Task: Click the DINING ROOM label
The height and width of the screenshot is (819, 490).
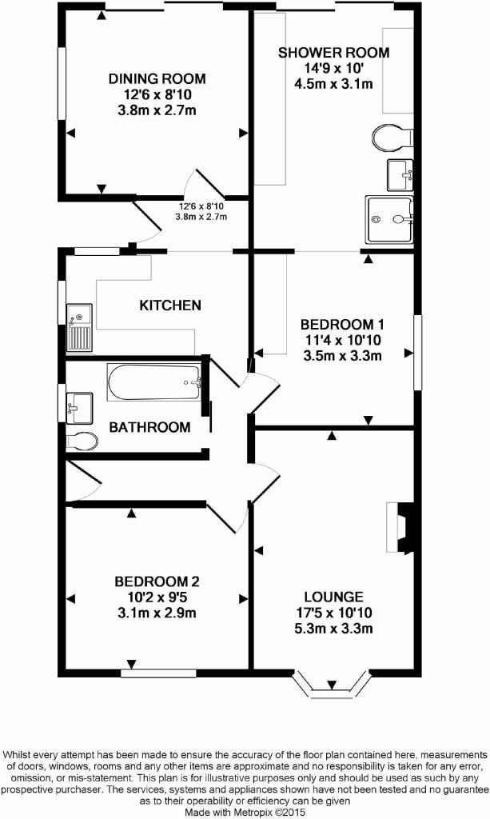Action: click(x=157, y=79)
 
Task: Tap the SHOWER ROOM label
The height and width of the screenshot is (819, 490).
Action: click(x=333, y=53)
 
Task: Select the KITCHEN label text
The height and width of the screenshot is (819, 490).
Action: click(x=170, y=305)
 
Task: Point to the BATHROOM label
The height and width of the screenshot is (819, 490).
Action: click(x=149, y=427)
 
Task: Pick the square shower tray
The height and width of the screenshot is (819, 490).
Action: click(x=390, y=219)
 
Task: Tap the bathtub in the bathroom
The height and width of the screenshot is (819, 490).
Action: click(x=154, y=382)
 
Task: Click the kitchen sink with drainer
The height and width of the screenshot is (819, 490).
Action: click(x=79, y=327)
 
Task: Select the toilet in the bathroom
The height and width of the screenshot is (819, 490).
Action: click(x=82, y=441)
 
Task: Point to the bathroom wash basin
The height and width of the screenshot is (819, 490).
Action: click(x=79, y=408)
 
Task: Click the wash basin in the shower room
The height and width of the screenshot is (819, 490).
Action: click(x=400, y=175)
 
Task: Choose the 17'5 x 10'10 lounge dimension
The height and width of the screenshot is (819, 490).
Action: click(x=333, y=613)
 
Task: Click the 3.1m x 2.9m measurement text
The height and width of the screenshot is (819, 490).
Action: click(x=157, y=613)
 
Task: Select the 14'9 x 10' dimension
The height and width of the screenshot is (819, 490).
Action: click(x=333, y=68)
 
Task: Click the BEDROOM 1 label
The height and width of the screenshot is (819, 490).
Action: click(x=342, y=325)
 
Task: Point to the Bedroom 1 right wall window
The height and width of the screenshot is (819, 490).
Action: click(x=417, y=353)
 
